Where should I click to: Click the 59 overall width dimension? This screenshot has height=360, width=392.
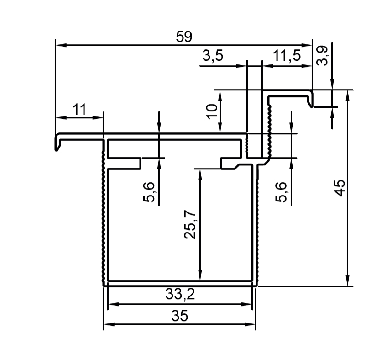point(184,37)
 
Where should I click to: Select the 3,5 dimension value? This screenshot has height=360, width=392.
point(213,55)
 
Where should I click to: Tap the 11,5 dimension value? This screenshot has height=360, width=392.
point(287,55)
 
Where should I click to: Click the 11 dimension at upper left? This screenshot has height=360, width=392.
point(79,109)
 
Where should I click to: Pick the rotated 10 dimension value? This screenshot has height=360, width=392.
point(212,111)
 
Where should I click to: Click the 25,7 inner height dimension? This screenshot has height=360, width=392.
point(190,224)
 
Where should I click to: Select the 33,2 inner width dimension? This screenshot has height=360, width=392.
point(180,294)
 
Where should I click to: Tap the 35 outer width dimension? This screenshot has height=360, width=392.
point(180,315)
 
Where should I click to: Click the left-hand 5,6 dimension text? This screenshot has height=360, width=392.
point(149,192)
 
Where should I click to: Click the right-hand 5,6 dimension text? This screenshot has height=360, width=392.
point(281,192)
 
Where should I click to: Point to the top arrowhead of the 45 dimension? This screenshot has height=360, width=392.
point(347,95)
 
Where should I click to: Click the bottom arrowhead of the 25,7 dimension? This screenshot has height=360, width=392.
point(200,275)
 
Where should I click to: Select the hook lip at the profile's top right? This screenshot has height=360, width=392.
point(310,99)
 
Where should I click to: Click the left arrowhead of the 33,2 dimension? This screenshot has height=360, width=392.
point(113,304)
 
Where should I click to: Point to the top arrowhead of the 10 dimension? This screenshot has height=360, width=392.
point(220,95)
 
